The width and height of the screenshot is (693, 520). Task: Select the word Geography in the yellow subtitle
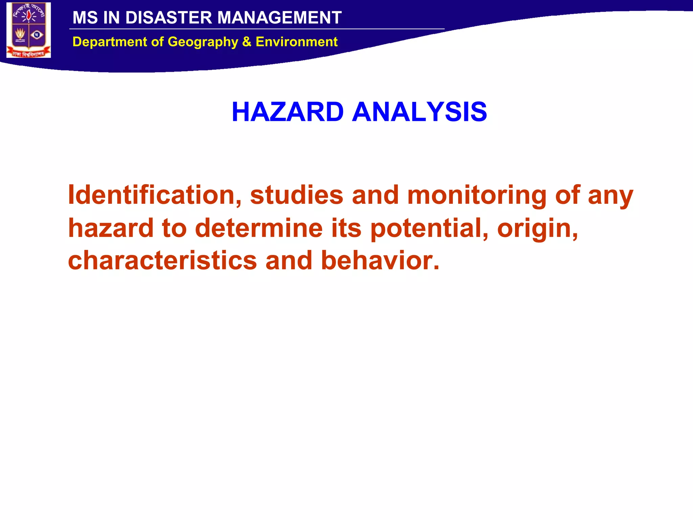pyautogui.click(x=203, y=42)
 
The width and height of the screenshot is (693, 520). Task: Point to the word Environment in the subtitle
pyautogui.click(x=296, y=42)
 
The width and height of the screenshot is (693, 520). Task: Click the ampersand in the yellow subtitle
pyautogui.click(x=247, y=42)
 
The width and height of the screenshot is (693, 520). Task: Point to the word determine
pyautogui.click(x=259, y=228)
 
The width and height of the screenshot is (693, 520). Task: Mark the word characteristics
pyautogui.click(x=162, y=260)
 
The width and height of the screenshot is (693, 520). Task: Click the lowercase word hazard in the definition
pyautogui.click(x=111, y=228)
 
